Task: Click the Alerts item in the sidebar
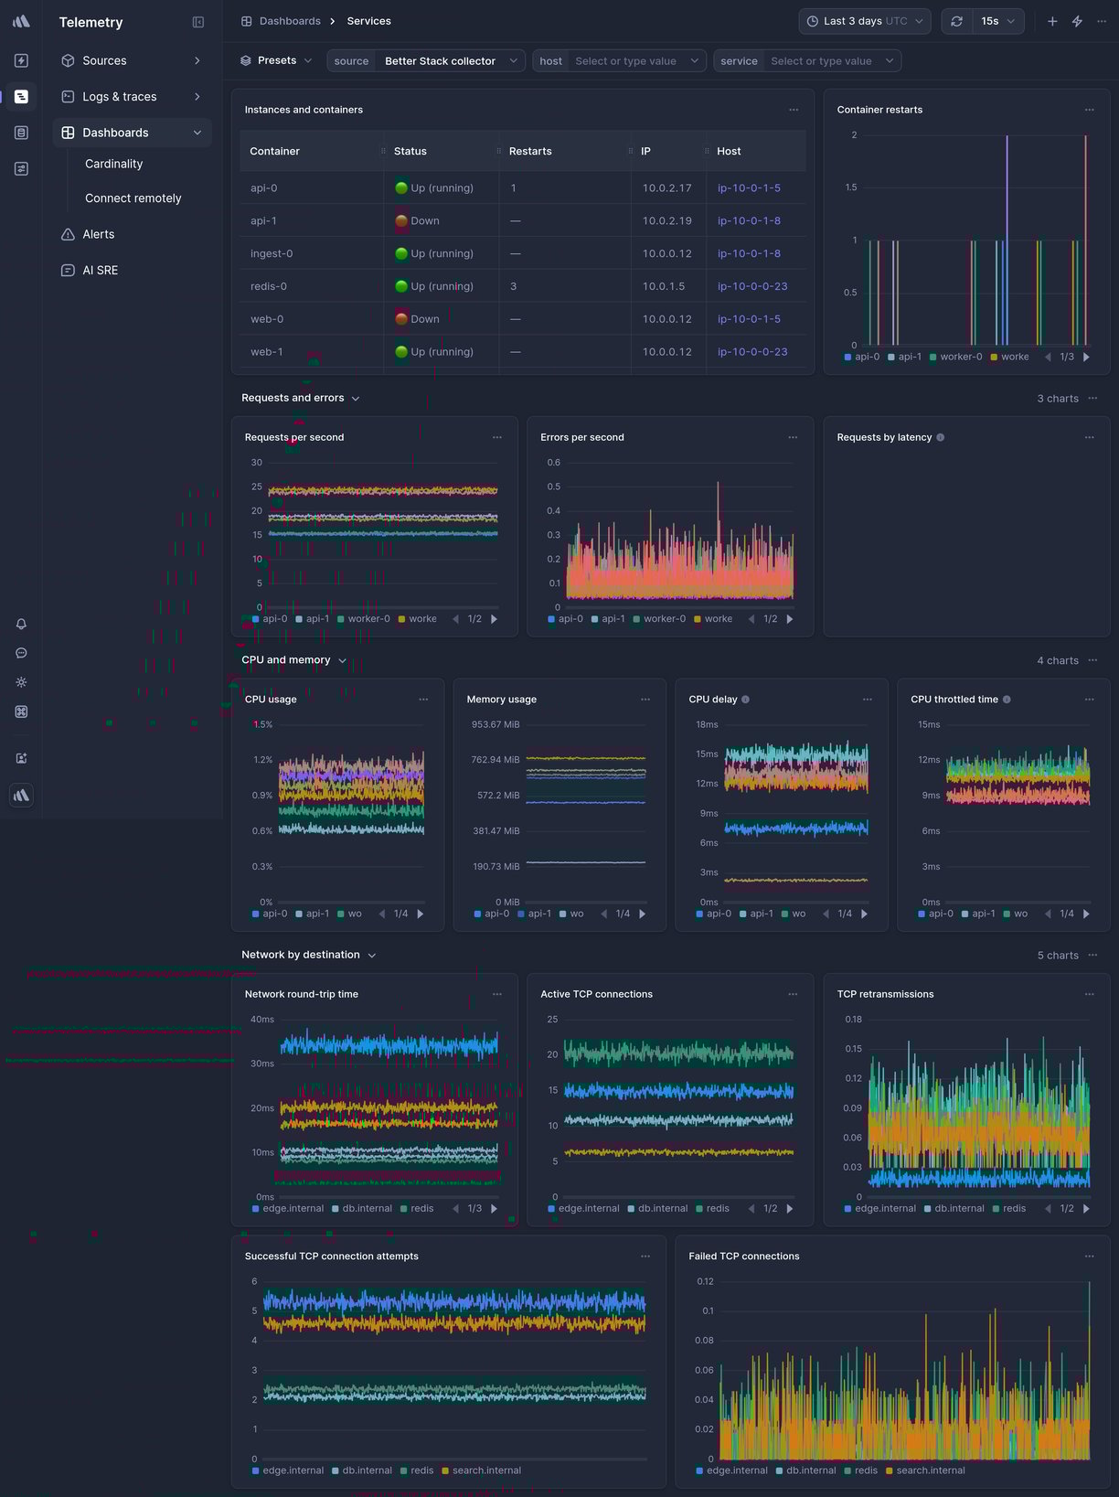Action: (98, 234)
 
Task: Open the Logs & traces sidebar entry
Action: (119, 96)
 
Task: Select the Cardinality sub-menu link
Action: (113, 164)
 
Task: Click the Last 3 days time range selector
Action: (864, 21)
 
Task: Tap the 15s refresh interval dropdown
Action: (997, 21)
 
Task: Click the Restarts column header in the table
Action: (530, 151)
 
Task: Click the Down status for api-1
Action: (424, 220)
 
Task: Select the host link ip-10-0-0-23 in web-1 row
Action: (751, 351)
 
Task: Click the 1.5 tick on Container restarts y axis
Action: (851, 187)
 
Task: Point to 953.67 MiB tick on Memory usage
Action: (496, 724)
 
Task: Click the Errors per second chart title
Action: (582, 437)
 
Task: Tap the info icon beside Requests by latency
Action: (941, 437)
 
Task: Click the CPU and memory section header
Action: (286, 659)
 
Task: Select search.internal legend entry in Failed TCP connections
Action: (930, 1470)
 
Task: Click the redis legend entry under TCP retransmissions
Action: (1014, 1208)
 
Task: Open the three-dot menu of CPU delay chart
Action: (868, 700)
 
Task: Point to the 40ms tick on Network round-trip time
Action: (262, 1019)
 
